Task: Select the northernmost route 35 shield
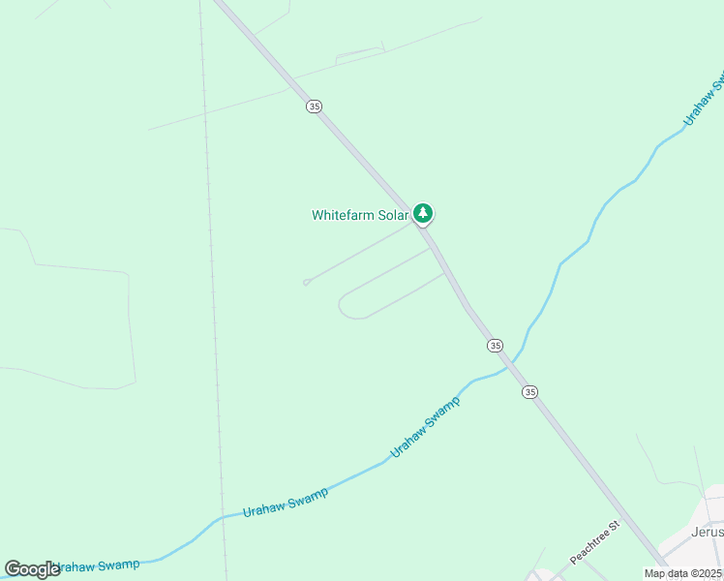point(314,107)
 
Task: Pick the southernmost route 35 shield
point(529,391)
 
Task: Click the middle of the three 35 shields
point(495,345)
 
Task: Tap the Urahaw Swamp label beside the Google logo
point(97,565)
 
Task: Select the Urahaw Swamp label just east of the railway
point(285,502)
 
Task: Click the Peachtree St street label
point(593,543)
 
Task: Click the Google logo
point(32,569)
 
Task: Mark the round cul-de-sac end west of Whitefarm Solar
point(306,283)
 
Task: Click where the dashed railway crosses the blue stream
point(224,516)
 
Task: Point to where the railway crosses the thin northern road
point(204,112)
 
